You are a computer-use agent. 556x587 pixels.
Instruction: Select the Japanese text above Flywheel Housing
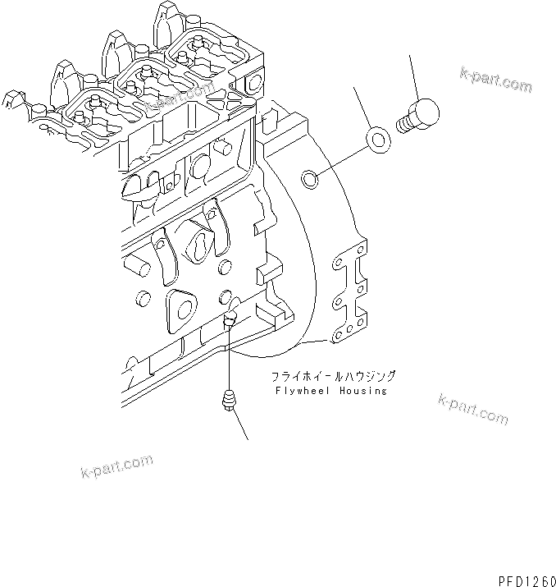(334, 377)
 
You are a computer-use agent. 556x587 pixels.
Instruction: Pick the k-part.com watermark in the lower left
(117, 466)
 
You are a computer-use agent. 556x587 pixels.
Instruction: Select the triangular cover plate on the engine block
(181, 309)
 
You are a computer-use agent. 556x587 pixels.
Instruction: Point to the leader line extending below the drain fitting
(240, 426)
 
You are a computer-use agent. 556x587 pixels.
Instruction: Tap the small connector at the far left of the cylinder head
(10, 100)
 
